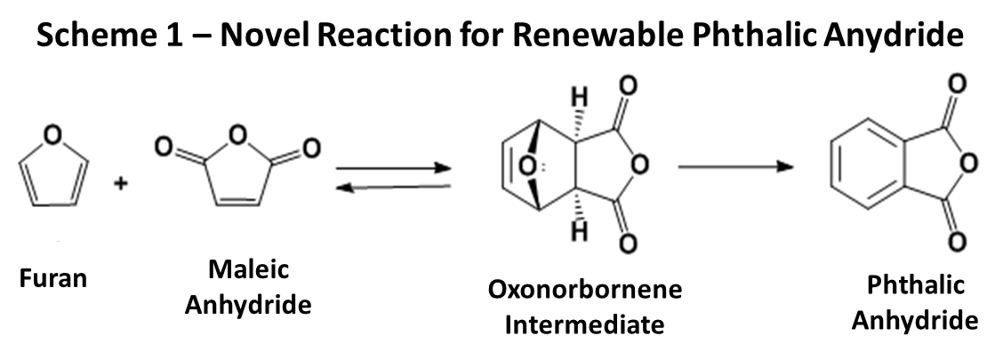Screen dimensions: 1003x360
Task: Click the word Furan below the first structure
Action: click(x=53, y=278)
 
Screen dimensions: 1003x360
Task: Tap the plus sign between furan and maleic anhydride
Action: click(x=120, y=184)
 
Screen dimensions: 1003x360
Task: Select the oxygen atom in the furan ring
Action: click(x=53, y=135)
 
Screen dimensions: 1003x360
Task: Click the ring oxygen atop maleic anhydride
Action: click(x=238, y=135)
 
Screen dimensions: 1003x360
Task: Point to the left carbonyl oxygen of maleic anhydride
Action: click(x=164, y=148)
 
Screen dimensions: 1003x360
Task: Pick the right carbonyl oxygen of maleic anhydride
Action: click(x=311, y=148)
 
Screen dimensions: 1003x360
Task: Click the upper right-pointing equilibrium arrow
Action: click(x=394, y=168)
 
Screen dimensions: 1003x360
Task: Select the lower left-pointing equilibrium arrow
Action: click(x=394, y=187)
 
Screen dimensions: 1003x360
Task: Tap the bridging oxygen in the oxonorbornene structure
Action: click(x=526, y=167)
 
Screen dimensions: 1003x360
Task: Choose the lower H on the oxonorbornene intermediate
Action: click(x=580, y=231)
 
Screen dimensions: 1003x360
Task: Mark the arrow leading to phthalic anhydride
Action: click(x=735, y=167)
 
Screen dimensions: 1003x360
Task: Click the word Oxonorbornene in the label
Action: click(x=585, y=289)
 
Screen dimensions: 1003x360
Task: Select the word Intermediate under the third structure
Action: click(x=585, y=324)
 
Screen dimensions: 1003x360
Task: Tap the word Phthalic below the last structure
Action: click(x=915, y=285)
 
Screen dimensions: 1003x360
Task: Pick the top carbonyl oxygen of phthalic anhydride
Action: click(x=957, y=84)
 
